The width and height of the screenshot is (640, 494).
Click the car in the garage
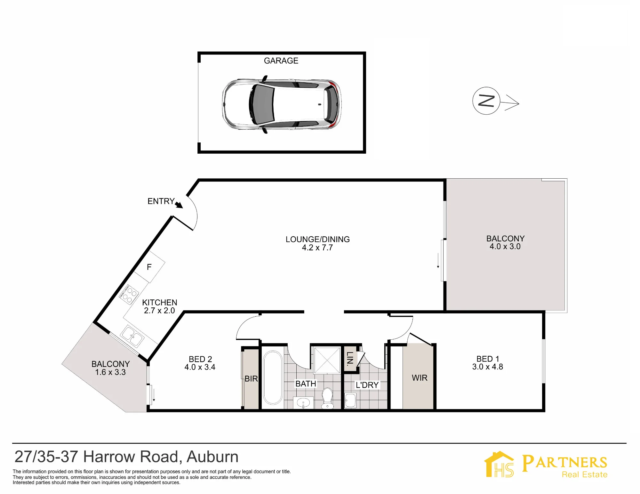tap(282, 104)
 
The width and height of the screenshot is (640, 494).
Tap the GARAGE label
tap(281, 61)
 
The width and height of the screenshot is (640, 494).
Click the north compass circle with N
tap(486, 101)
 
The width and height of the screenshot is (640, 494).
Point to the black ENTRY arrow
tap(179, 205)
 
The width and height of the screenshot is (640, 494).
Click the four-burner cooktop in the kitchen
tap(129, 294)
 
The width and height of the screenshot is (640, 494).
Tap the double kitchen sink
tap(132, 336)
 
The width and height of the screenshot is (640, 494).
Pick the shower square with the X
tap(327, 360)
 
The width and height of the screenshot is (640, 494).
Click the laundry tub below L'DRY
tap(350, 401)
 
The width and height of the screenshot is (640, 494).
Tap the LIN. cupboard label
tap(350, 359)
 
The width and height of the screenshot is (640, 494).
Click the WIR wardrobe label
tap(420, 378)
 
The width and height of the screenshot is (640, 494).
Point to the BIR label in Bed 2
tap(251, 379)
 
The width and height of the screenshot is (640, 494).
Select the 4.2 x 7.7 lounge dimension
tap(317, 247)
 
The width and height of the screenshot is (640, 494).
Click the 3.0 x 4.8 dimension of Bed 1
tap(488, 367)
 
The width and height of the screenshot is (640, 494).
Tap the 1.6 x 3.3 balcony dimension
tap(110, 372)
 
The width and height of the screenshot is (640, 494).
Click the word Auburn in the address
tap(212, 457)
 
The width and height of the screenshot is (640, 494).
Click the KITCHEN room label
tap(160, 303)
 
